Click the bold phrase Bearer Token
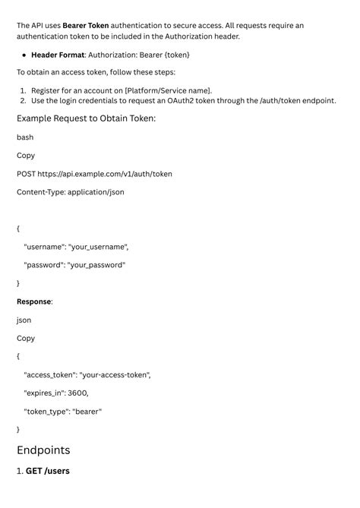pyautogui.click(x=85, y=25)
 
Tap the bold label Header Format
pyautogui.click(x=58, y=55)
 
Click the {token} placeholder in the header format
pyautogui.click(x=175, y=55)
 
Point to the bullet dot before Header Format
pyautogui.click(x=24, y=55)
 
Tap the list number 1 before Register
pyautogui.click(x=23, y=90)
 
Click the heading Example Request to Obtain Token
pyautogui.click(x=86, y=118)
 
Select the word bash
pyautogui.click(x=25, y=137)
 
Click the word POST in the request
pyautogui.click(x=27, y=174)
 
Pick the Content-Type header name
pyautogui.click(x=40, y=192)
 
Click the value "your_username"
pyautogui.click(x=98, y=247)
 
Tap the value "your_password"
pyautogui.click(x=96, y=265)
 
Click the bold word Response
pyautogui.click(x=34, y=301)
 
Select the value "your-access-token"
pyautogui.click(x=115, y=374)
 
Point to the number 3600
pyautogui.click(x=77, y=393)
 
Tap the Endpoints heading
pyautogui.click(x=43, y=450)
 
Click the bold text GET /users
pyautogui.click(x=48, y=471)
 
